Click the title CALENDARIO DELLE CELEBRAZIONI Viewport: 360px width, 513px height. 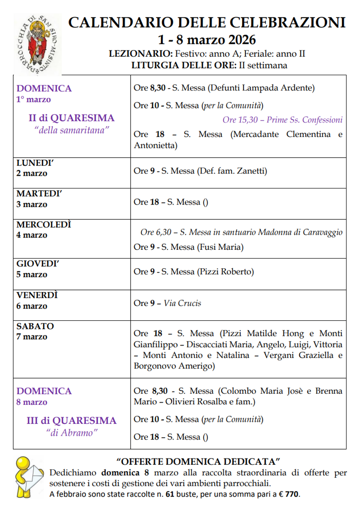[x=207, y=23]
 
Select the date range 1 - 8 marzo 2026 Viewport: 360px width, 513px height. [x=207, y=40]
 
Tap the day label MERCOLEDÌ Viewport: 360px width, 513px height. [x=44, y=225]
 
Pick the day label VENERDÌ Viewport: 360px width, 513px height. [x=37, y=295]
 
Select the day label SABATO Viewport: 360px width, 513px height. [x=35, y=326]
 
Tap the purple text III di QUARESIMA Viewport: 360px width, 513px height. [x=71, y=420]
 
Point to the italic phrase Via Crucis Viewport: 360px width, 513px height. [x=182, y=303]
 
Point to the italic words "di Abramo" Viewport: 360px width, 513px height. [x=71, y=432]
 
